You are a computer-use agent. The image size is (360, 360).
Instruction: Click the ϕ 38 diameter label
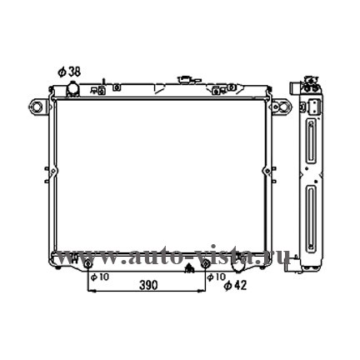69,72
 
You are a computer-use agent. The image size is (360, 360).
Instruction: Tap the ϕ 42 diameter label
236,285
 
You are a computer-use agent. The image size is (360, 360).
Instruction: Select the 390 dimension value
148,285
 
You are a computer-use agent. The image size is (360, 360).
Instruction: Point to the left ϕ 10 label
100,277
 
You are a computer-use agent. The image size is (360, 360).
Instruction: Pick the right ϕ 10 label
217,277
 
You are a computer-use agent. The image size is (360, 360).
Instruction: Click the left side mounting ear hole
36,107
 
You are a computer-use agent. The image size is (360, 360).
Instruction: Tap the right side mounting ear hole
284,107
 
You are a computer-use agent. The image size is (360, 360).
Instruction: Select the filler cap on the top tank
185,79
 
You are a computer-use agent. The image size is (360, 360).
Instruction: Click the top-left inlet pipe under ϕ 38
72,88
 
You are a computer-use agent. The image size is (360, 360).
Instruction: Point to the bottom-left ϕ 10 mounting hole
87,264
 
